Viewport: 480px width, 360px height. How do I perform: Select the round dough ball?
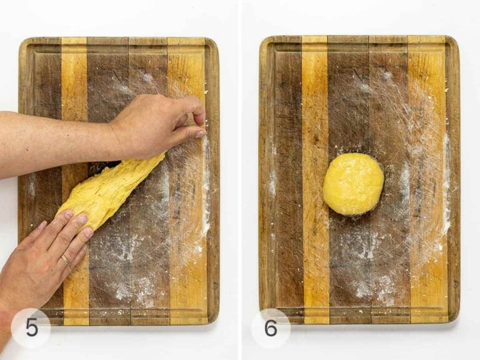point(353,184)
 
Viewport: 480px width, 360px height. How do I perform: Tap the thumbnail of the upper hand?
point(199,133)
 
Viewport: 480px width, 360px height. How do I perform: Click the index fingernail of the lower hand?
point(88,232)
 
